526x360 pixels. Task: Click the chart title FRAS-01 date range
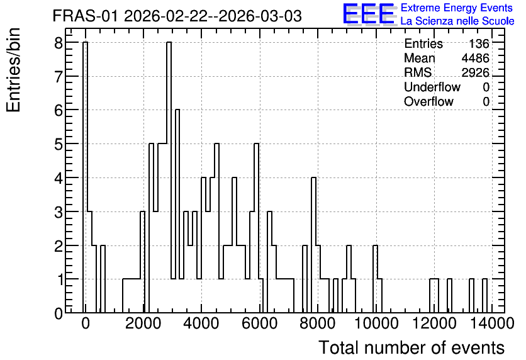point(177,16)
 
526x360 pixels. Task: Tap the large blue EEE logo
point(369,14)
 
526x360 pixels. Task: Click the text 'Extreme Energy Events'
point(457,8)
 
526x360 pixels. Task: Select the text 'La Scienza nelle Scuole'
point(457,21)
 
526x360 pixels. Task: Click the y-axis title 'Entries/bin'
point(13,70)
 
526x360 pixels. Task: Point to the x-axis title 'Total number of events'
point(411,347)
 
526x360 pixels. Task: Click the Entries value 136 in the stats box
point(479,43)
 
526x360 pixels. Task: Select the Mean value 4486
point(475,58)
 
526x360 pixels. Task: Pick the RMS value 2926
point(475,72)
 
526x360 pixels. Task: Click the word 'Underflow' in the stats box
point(432,87)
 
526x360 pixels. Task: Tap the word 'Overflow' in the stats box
point(428,101)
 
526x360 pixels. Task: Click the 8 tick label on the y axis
point(59,43)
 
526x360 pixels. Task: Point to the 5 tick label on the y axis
point(59,144)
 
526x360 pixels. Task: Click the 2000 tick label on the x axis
point(144,324)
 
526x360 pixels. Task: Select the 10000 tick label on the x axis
point(376,324)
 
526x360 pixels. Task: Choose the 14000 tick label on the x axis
point(492,324)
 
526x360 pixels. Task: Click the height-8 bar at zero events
point(85,177)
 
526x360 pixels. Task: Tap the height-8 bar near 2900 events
point(169,177)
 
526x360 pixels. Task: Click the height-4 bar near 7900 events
point(314,245)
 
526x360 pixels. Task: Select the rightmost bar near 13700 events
point(484,296)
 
